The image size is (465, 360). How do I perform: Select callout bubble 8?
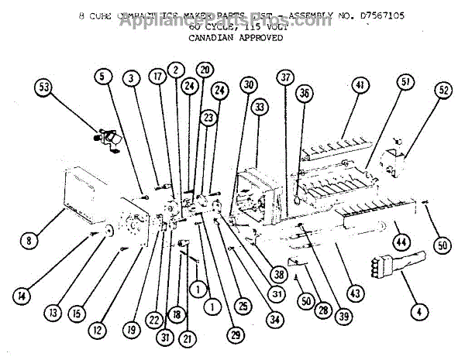(x=29, y=240)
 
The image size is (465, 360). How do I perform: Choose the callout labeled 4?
(x=419, y=312)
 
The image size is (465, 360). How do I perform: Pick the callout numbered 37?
(x=287, y=77)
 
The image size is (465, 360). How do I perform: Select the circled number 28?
(x=319, y=310)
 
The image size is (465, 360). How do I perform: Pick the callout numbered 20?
(x=205, y=69)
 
